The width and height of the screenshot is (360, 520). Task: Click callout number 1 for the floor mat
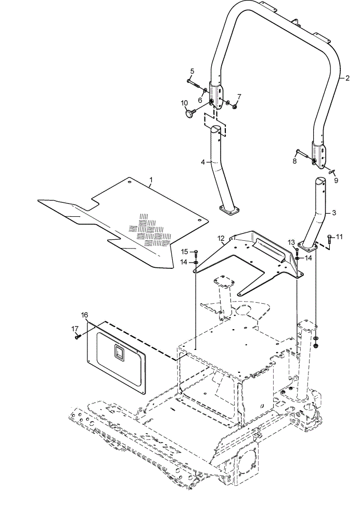point(151,180)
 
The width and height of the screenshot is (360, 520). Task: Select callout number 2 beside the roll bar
point(348,79)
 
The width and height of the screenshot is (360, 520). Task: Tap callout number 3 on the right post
point(334,213)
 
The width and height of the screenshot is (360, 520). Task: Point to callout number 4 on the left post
point(203,162)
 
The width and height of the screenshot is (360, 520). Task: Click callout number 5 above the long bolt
point(192,71)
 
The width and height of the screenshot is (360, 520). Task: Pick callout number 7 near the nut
point(239,97)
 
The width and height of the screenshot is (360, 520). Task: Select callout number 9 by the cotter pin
point(336,180)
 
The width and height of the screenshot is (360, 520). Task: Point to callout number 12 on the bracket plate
point(221,238)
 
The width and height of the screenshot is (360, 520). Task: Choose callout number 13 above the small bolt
point(291,242)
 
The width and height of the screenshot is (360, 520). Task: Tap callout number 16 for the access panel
point(85,315)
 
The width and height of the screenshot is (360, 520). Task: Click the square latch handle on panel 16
point(119,352)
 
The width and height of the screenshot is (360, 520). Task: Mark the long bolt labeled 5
point(195,84)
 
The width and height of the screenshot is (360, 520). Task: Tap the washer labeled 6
point(205,90)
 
